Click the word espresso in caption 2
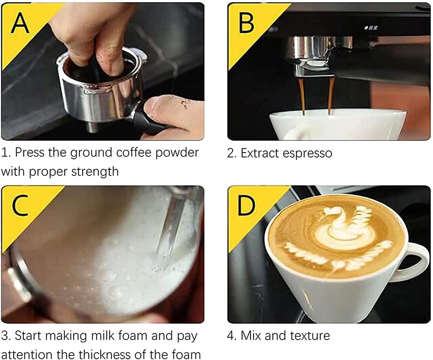(x=307, y=153)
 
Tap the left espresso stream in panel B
(x=302, y=96)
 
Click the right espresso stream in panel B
(x=330, y=96)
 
